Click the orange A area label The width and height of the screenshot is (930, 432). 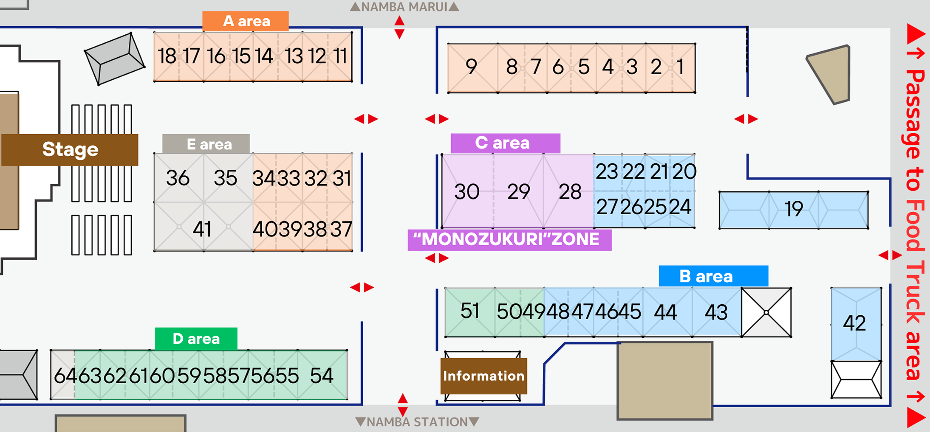pos(246,21)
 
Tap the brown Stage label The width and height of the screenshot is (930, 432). pos(70,150)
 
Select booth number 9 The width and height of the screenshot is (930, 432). pos(471,67)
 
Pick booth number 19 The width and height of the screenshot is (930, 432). pos(793,210)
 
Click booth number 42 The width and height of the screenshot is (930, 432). pos(854,324)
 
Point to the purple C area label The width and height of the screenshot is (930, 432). pos(505,143)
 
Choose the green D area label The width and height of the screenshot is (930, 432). pos(196,339)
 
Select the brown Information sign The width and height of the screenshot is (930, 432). pos(483,376)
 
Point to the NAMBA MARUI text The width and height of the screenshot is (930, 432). pos(404,7)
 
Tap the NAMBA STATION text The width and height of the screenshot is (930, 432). pos(417,422)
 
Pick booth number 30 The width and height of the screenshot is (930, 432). pos(467,192)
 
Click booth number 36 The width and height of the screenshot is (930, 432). pos(178,178)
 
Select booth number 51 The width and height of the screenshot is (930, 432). pos(470,311)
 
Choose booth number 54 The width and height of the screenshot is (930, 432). pos(322,376)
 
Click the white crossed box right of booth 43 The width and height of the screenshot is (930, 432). pos(766,312)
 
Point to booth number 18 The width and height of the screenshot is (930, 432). pos(167,56)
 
